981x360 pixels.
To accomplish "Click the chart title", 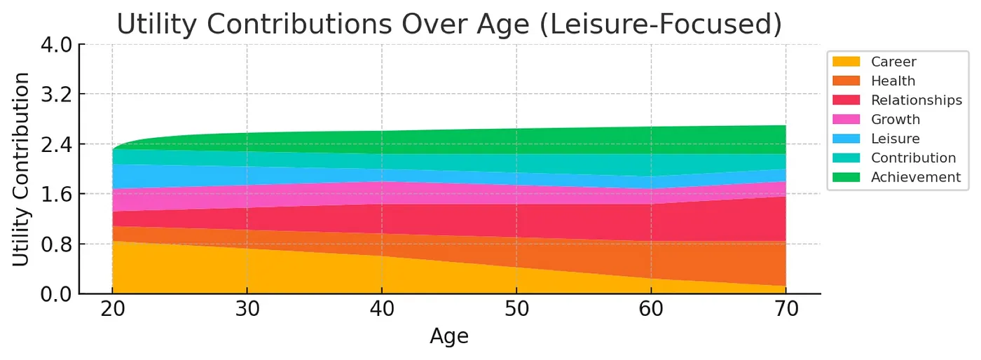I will [x=448, y=24].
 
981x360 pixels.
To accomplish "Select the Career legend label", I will [x=893, y=62].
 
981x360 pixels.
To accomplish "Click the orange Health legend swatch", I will [x=847, y=81].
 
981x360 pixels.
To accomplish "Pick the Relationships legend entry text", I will [x=917, y=100].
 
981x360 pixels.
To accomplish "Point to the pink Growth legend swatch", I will [x=847, y=120].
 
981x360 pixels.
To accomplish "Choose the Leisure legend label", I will [x=895, y=139].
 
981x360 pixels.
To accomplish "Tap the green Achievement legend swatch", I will [x=847, y=177].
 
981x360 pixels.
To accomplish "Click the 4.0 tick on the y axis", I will [x=57, y=45].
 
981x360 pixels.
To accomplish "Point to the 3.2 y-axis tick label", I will [x=57, y=95].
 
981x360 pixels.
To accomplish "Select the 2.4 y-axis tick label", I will [x=57, y=144].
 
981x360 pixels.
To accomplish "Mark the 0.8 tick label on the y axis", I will [x=57, y=244].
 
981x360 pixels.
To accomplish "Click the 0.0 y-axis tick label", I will [x=57, y=294].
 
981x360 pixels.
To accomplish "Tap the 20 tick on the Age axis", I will [x=112, y=311].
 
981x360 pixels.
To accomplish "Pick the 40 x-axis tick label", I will [x=382, y=311].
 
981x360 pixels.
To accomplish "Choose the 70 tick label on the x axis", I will [x=786, y=311].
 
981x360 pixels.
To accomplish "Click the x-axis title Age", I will [x=448, y=338].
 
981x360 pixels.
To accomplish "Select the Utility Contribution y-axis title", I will [x=22, y=169].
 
